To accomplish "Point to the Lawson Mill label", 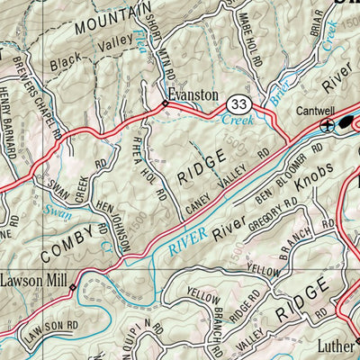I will tap(33, 279).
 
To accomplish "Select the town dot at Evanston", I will tap(165, 105).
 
